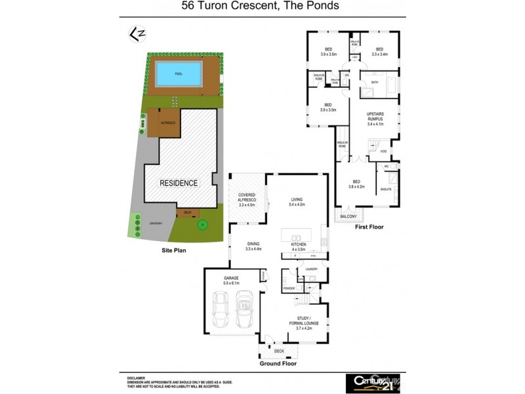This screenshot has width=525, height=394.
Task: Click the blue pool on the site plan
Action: pos(178,74)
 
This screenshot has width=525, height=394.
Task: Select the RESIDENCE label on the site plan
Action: pos(178,183)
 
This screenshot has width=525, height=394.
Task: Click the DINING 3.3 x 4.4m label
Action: pos(253,246)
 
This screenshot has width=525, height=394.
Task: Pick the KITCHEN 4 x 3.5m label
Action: pos(298,247)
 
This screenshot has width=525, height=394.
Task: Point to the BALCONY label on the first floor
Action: pos(348,216)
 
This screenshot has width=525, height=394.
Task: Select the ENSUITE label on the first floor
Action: pos(386,190)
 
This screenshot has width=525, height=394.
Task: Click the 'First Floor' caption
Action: pos(369,227)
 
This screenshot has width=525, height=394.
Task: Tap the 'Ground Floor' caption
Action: pos(278,363)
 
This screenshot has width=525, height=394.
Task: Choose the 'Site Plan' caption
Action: pos(176,250)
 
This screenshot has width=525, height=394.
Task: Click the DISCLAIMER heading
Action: pos(136,378)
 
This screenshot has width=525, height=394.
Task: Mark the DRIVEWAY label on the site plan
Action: pos(155,223)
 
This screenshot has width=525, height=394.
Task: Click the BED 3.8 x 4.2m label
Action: pos(357,185)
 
